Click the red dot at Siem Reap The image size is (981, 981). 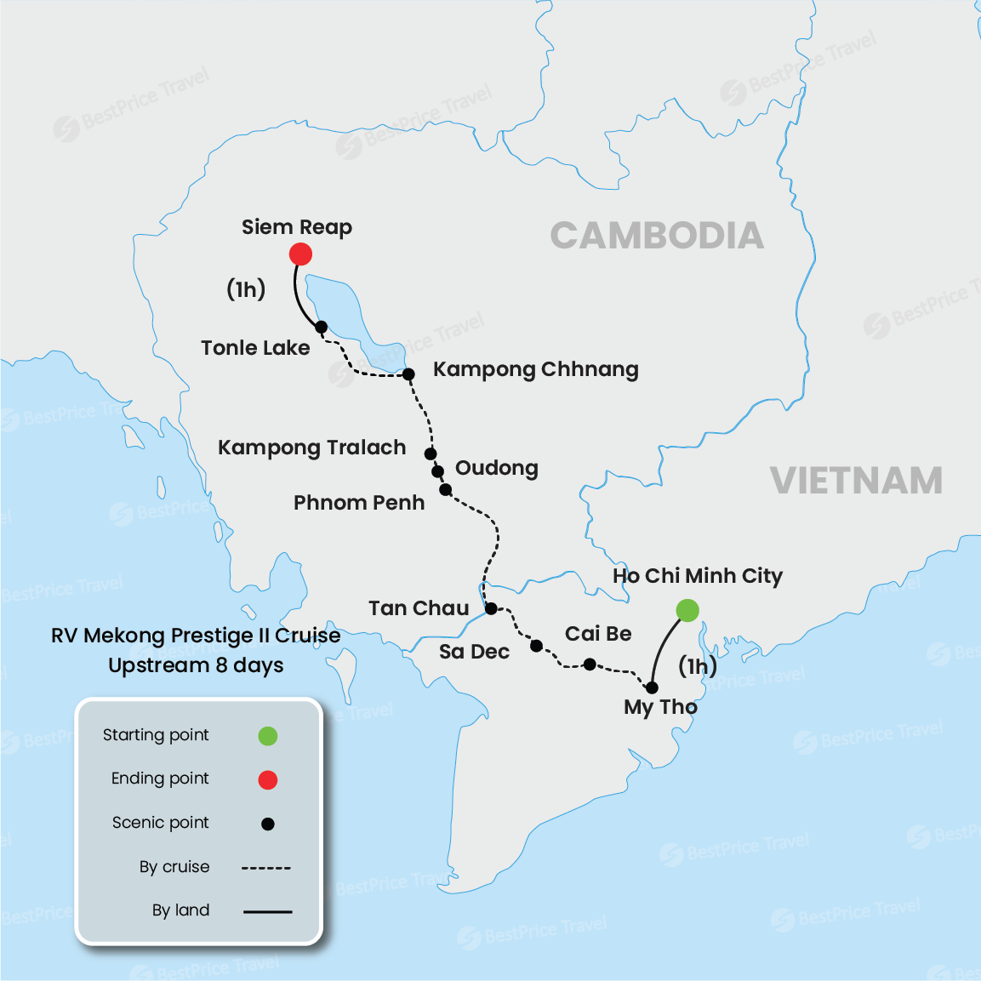300,254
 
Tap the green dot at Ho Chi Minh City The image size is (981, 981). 687,610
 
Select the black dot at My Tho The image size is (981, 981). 652,687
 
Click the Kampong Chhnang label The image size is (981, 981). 535,369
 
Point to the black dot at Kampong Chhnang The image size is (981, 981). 408,374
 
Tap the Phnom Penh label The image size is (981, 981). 359,503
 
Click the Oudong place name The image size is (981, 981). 496,468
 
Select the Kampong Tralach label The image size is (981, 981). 311,448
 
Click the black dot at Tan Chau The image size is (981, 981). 491,608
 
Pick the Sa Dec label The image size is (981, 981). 474,652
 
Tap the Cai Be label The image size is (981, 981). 598,634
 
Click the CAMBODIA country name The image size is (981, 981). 657,236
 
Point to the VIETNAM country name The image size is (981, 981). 856,481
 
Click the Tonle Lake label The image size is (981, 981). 255,348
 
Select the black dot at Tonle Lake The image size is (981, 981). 321,327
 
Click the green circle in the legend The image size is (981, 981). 268,736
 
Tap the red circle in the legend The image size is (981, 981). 268,779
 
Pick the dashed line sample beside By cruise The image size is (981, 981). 266,868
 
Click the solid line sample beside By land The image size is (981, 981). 267,911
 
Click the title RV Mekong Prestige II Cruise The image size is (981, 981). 196,636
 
